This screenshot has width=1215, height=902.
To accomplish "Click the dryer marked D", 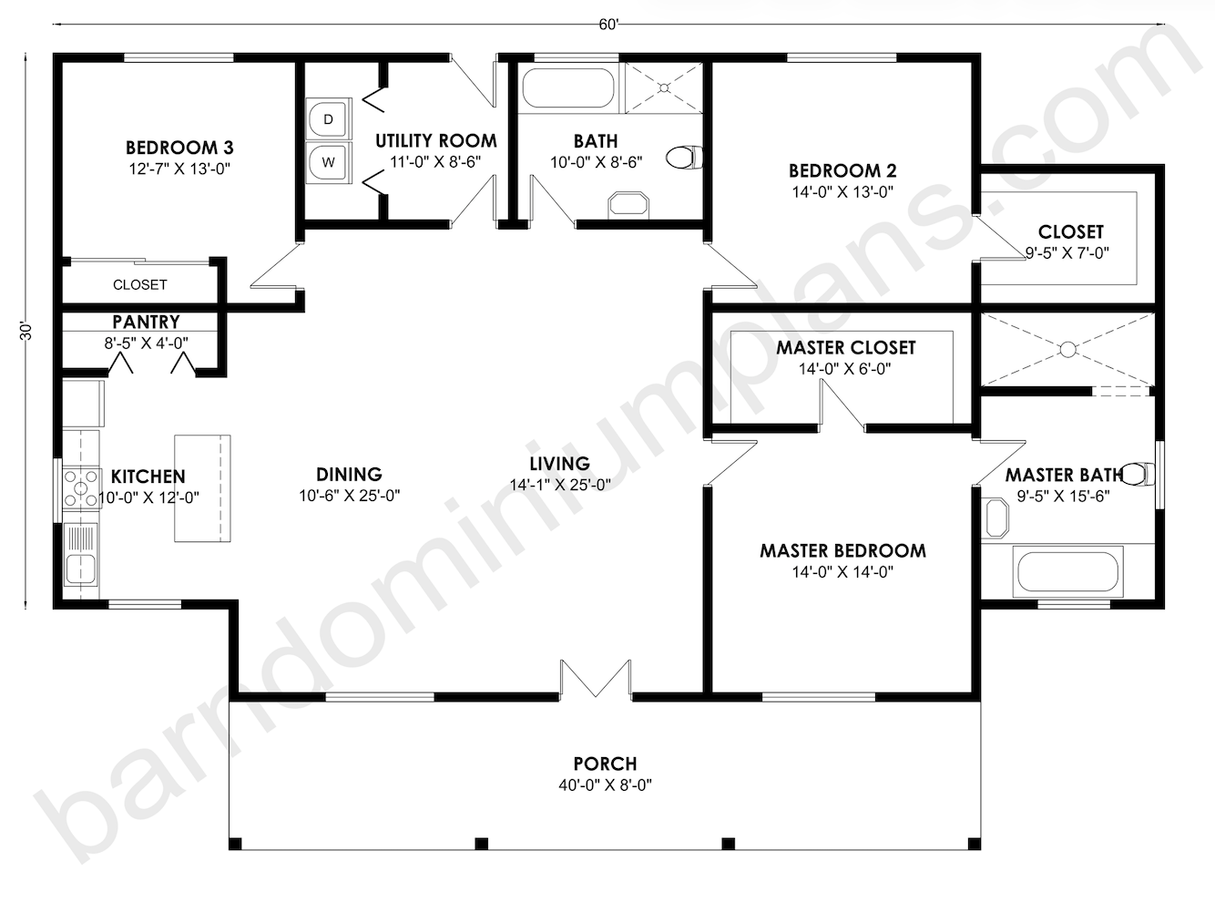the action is [328, 119].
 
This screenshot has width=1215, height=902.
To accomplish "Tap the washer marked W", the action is [328, 162].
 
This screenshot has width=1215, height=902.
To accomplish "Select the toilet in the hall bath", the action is [684, 158].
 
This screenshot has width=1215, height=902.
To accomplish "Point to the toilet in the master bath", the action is [1138, 474].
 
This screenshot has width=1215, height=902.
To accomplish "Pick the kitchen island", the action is [202, 488].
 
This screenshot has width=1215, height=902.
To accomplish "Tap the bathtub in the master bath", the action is [1067, 571].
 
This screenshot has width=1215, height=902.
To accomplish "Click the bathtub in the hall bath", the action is [568, 87].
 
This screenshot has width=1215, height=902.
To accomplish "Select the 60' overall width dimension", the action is [608, 25].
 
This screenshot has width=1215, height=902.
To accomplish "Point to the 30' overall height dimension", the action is [26, 331].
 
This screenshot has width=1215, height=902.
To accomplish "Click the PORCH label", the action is [605, 764].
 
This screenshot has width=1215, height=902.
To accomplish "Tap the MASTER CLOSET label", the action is [846, 347].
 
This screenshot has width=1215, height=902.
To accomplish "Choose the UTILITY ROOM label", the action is [436, 141].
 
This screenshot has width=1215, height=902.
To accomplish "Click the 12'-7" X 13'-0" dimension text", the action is [179, 169].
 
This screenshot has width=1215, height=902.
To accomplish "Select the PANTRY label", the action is [147, 322].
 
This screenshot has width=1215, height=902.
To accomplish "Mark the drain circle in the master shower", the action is [1067, 349].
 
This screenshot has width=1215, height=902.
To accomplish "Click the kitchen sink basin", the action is [80, 569].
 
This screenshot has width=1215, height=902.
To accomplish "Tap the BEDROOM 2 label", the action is [842, 171].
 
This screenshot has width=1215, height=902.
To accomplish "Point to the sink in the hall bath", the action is [628, 205].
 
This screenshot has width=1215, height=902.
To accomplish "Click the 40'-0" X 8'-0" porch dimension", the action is [605, 785].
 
